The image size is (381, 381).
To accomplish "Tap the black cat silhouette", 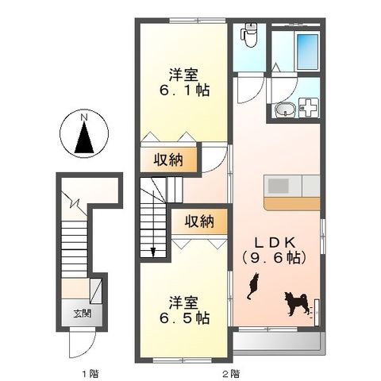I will [253, 285].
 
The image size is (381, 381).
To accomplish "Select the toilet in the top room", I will [248, 35].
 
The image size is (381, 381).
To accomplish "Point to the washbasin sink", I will [284, 110].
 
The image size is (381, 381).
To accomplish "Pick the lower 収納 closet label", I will [200, 222].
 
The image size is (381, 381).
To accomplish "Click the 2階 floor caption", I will [230, 372].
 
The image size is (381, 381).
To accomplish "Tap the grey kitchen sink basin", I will [278, 185].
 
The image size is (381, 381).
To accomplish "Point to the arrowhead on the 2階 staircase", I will [155, 253].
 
